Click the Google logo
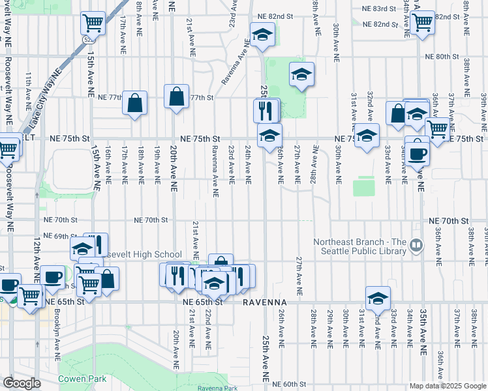coord(22,383)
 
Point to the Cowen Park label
coord(81,379)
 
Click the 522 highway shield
coord(88,39)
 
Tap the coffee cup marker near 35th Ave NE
coord(418,153)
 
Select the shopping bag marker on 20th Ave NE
coord(176,97)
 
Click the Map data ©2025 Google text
coord(448,386)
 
